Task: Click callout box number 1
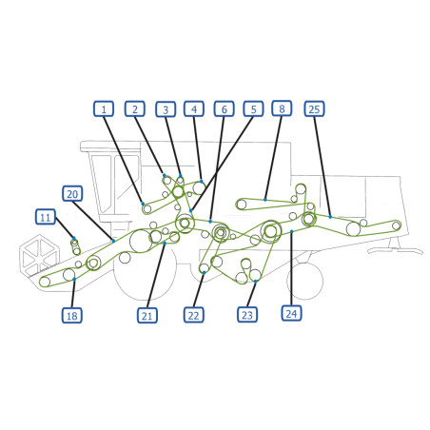[104, 109]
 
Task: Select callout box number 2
[135, 109]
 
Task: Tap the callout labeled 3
[166, 109]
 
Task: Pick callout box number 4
[194, 109]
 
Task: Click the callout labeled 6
[225, 109]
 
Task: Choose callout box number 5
[253, 109]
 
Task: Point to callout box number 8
[282, 108]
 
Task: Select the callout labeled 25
[314, 108]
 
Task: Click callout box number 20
[72, 193]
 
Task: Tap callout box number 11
[46, 217]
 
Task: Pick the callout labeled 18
[72, 315]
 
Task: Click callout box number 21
[147, 315]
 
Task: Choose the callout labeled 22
[194, 315]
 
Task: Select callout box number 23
[247, 315]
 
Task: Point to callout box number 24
[291, 313]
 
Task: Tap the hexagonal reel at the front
[39, 256]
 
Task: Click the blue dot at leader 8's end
[265, 200]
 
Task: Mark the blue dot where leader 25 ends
[330, 217]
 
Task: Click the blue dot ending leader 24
[291, 231]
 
